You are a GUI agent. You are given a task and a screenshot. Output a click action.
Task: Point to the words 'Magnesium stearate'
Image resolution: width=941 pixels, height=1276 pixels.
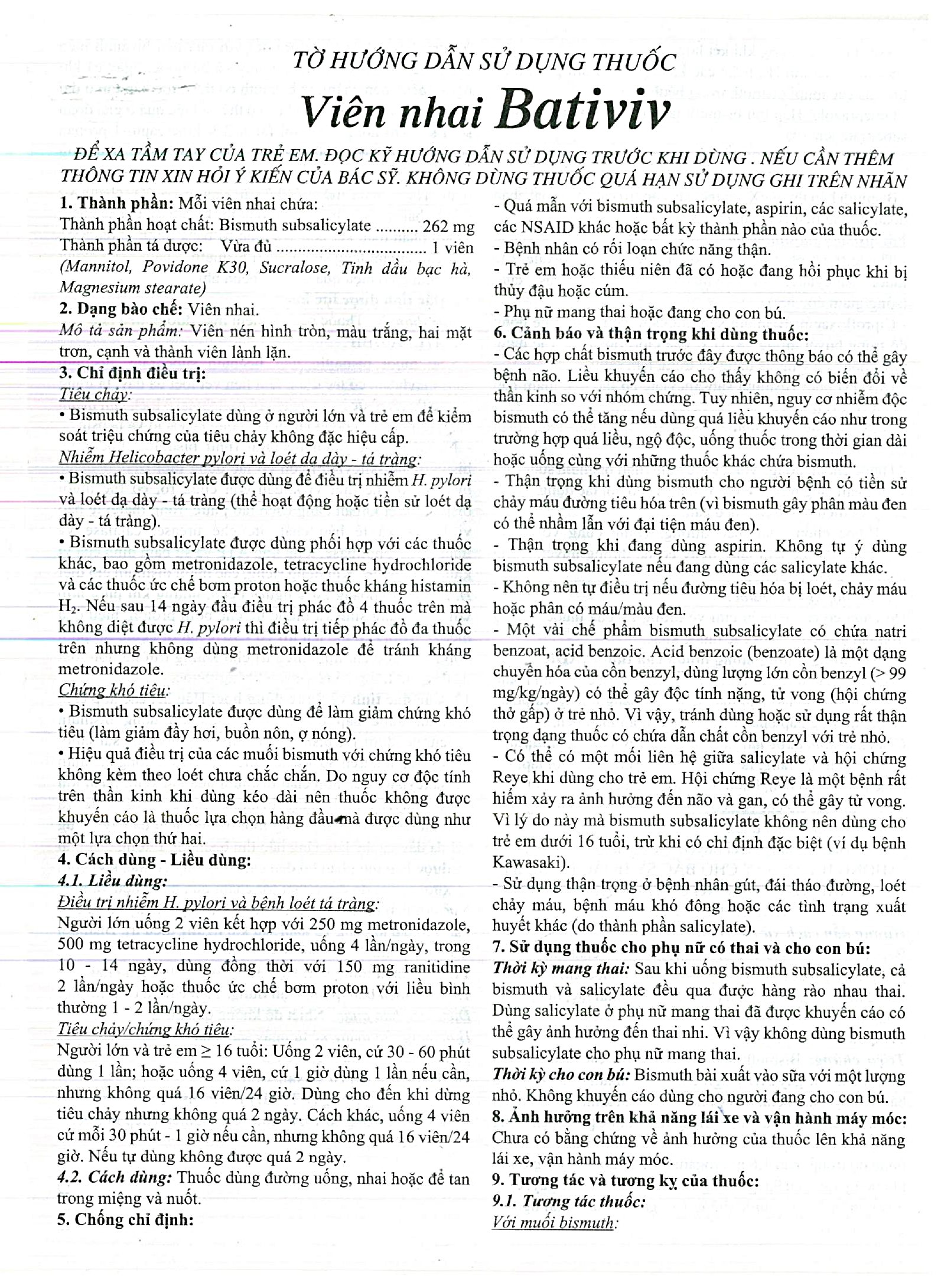point(132,288)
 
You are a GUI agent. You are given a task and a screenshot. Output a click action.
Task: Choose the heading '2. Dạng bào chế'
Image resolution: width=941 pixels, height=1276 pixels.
point(122,309)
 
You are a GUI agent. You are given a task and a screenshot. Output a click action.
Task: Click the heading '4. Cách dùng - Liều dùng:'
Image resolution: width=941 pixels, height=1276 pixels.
point(154,860)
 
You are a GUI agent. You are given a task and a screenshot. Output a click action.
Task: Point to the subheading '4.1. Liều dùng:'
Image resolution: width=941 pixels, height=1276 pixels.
point(112,881)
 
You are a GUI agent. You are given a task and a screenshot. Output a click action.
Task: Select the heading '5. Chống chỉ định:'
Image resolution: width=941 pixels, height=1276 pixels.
point(125,1219)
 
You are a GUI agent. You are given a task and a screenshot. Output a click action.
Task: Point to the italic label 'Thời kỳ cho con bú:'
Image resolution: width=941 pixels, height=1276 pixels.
point(561,1075)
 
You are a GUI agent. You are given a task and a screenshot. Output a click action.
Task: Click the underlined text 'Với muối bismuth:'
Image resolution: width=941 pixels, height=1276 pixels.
point(555,1222)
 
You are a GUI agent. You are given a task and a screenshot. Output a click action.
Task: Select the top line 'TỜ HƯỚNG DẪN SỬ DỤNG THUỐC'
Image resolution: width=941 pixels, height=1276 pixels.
point(484,61)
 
